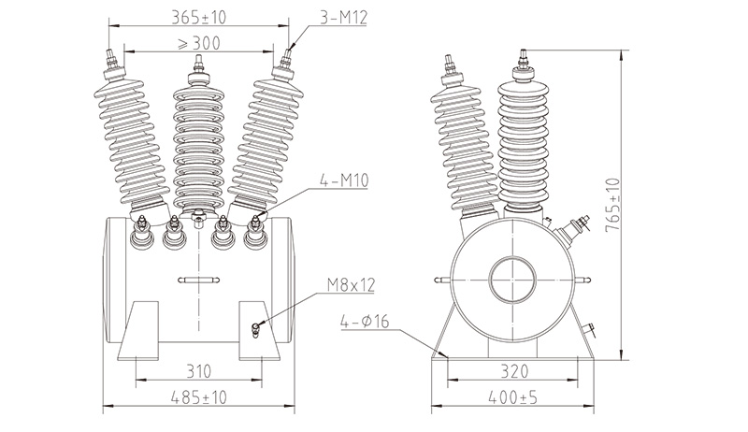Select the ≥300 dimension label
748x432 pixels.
point(199,43)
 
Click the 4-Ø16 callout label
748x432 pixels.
point(370,324)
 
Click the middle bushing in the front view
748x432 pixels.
point(198,140)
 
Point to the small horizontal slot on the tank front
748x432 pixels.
point(198,279)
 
